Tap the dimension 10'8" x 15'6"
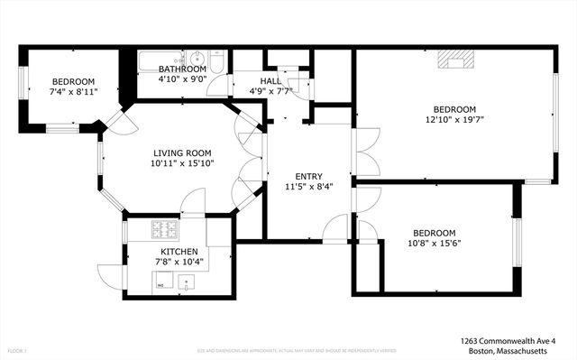click(x=434, y=244)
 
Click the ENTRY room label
click(x=308, y=176)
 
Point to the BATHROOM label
click(x=183, y=69)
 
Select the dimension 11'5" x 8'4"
click(x=308, y=187)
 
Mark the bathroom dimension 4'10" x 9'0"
click(x=183, y=79)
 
